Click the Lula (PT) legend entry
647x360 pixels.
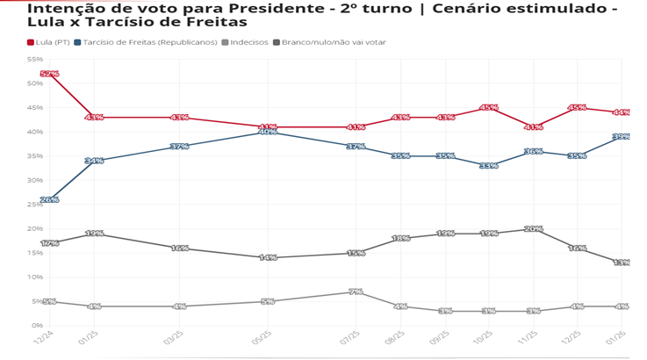point(47,41)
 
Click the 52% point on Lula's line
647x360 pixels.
point(49,74)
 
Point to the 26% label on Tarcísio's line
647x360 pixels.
point(49,199)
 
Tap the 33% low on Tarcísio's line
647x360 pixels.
point(488,165)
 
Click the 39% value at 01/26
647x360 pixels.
point(621,136)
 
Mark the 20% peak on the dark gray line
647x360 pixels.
point(533,228)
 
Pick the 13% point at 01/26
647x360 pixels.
point(621,262)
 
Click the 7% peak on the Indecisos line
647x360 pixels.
point(356,291)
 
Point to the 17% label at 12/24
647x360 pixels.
point(49,242)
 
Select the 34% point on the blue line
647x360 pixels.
point(94,161)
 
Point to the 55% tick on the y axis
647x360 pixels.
point(35,59)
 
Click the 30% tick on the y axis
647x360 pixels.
point(35,180)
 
